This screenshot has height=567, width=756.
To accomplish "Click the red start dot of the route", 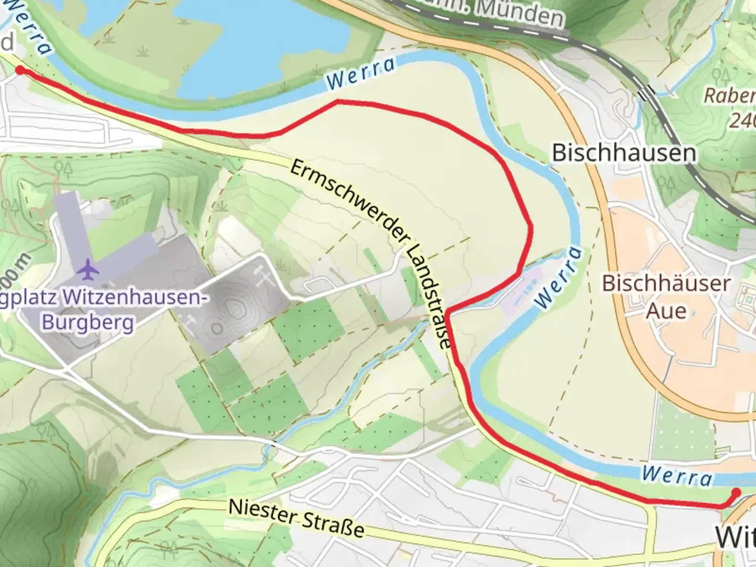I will click(20, 70).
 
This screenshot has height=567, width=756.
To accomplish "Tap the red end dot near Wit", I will click(736, 492).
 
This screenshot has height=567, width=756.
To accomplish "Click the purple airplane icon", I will click(88, 269).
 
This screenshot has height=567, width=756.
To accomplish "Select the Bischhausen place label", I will click(624, 153).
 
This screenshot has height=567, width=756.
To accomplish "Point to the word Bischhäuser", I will click(666, 283).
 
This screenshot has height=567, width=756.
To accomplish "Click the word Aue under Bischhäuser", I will click(666, 311).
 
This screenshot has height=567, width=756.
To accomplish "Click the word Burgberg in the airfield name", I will click(88, 321).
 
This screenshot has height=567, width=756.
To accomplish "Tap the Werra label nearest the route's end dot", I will click(677, 476).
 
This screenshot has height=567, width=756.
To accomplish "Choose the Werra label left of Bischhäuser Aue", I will click(558, 278).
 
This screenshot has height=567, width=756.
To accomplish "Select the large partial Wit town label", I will click(735, 537).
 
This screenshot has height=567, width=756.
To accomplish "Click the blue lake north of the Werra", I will click(210, 31).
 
